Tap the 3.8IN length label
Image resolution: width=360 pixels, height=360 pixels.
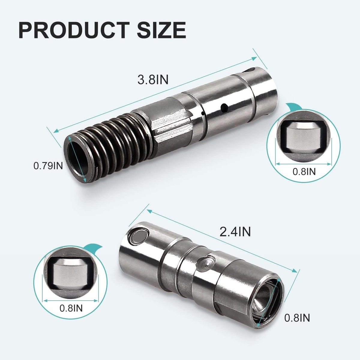(153, 80)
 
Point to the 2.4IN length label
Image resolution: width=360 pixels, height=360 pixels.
(235, 232)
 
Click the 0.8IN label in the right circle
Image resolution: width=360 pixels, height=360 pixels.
(304, 172)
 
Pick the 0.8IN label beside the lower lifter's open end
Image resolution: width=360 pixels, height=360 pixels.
(297, 318)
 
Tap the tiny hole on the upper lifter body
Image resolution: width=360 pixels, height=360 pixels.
(203, 113)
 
